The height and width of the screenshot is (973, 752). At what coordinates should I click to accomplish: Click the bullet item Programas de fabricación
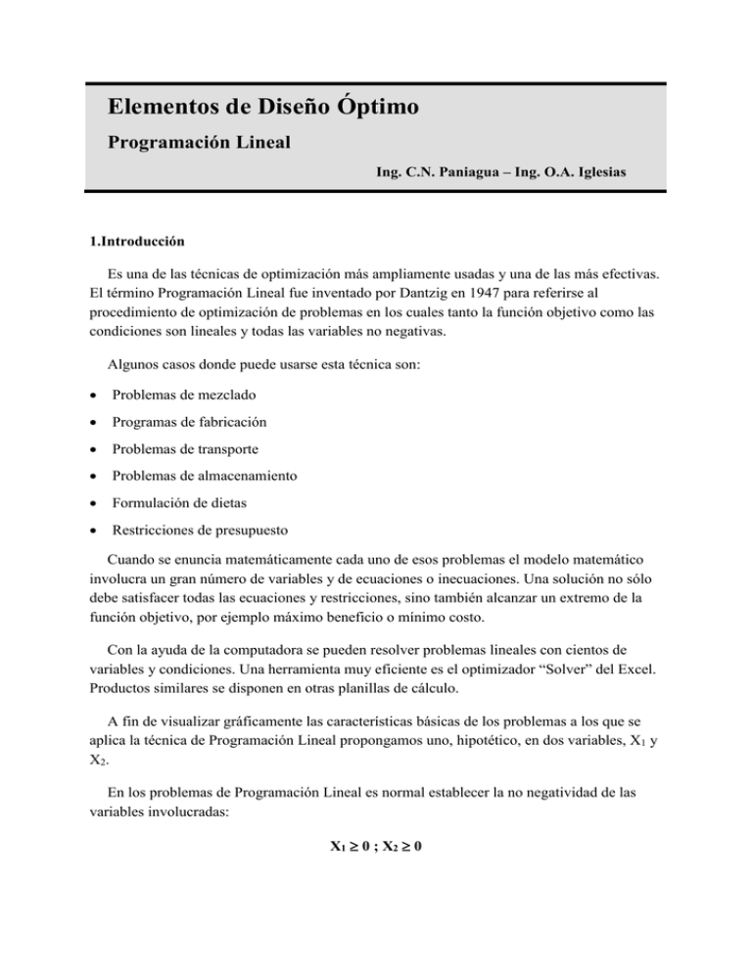coord(190,422)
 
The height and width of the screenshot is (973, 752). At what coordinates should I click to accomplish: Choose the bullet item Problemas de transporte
coord(190,449)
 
